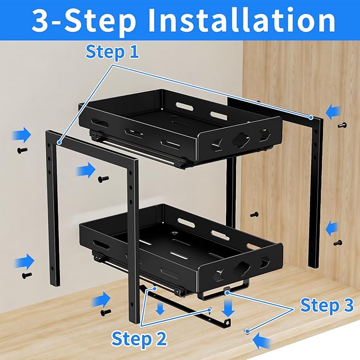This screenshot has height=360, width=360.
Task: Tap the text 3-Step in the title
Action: tap(82, 21)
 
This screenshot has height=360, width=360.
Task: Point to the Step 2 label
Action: tap(139, 338)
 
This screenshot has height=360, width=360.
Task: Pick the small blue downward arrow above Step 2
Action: tap(160, 309)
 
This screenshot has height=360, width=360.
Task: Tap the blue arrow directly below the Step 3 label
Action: tap(264, 340)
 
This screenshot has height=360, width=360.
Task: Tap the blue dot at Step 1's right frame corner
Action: tap(310, 116)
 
